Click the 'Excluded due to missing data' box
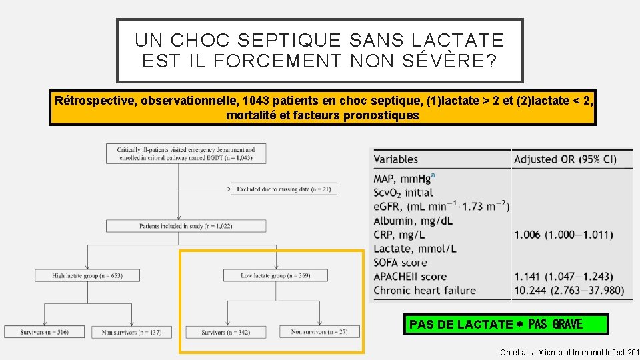(x=285, y=189)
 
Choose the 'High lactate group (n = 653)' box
(x=87, y=275)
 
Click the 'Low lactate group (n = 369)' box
(x=275, y=275)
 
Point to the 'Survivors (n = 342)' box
(x=227, y=331)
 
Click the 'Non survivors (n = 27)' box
(x=319, y=331)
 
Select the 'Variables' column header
(x=396, y=159)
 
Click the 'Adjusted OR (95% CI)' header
(x=565, y=159)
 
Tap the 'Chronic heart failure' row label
(x=425, y=290)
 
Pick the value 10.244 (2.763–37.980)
(x=569, y=290)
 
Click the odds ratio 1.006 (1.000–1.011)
(x=563, y=235)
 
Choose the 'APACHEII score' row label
(x=410, y=276)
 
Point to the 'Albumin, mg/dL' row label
(x=413, y=221)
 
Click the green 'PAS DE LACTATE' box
(x=505, y=324)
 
